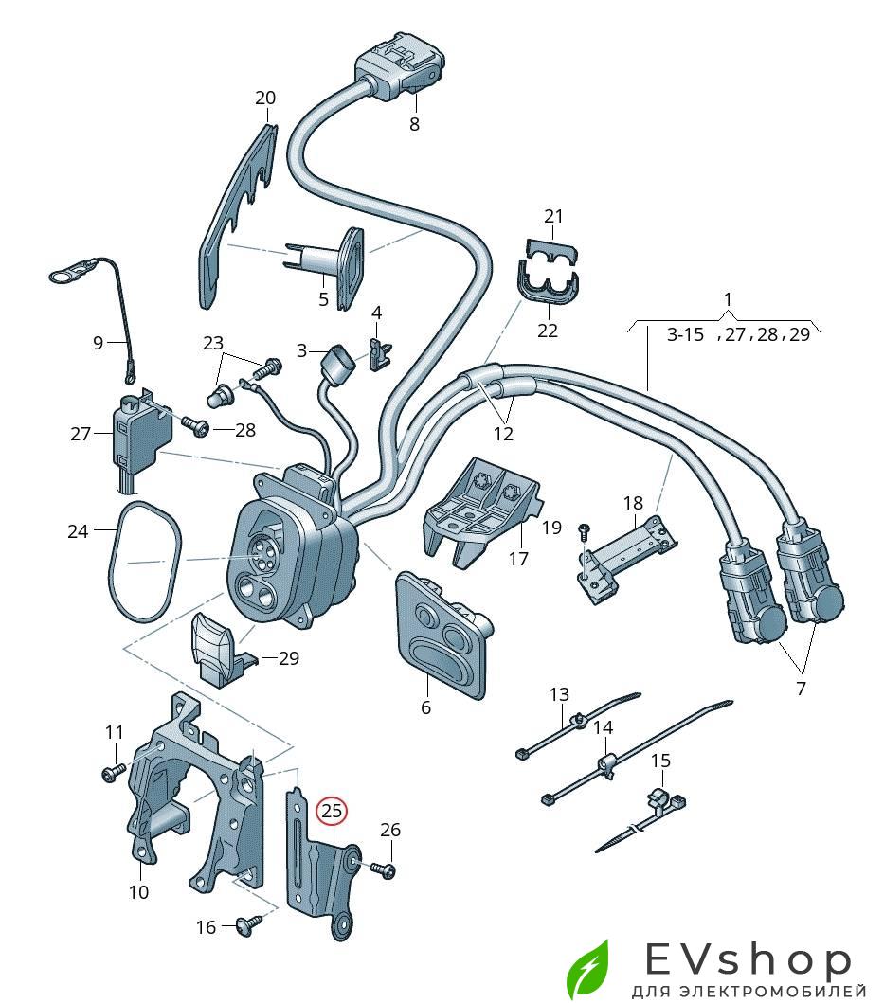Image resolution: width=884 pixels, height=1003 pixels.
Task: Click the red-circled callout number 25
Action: (x=333, y=811)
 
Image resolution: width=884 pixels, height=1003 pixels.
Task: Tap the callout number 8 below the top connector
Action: (x=414, y=124)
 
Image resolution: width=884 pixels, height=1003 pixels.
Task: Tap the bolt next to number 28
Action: (x=195, y=428)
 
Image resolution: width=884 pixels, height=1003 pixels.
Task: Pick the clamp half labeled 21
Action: (x=553, y=247)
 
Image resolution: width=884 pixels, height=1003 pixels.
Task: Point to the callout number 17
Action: (x=517, y=559)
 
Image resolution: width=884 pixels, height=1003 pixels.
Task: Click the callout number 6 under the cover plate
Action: (x=425, y=707)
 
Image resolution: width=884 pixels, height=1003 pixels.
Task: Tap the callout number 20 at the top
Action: (x=265, y=98)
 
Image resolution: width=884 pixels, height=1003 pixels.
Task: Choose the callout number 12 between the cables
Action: (x=503, y=434)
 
